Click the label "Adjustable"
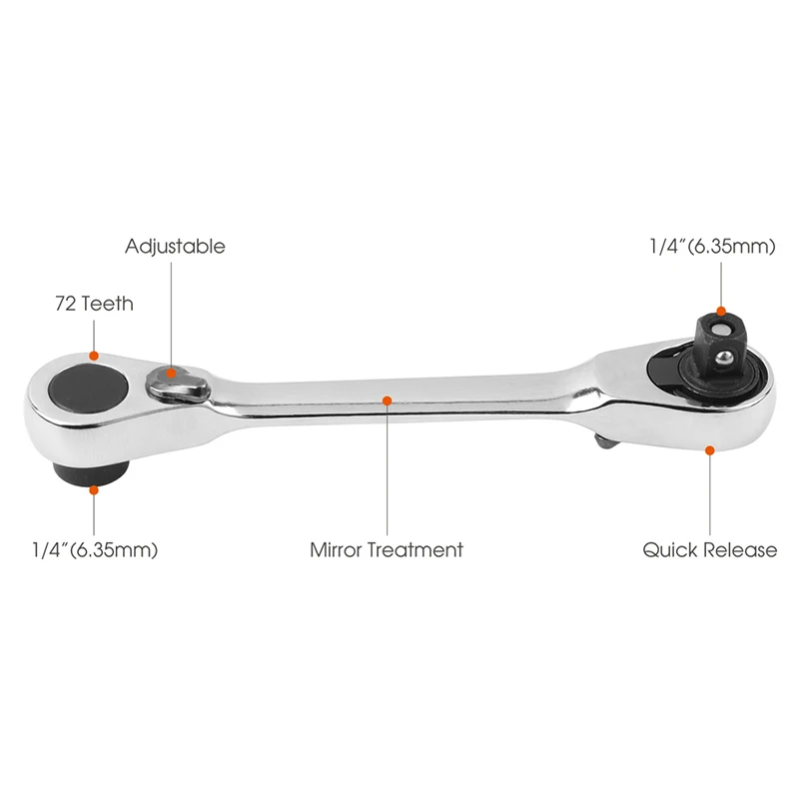pos(175,247)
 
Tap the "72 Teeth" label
pos(94,304)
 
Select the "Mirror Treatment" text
pos(387,549)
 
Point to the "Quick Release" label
pos(709,549)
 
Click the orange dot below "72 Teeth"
pos(94,355)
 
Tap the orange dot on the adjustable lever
pos(172,373)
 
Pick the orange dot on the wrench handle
pos(387,400)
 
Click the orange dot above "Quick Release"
pos(709,450)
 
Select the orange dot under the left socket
pos(94,488)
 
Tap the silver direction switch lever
pos(177,381)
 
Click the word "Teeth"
pos(109,304)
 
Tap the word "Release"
pos(740,549)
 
